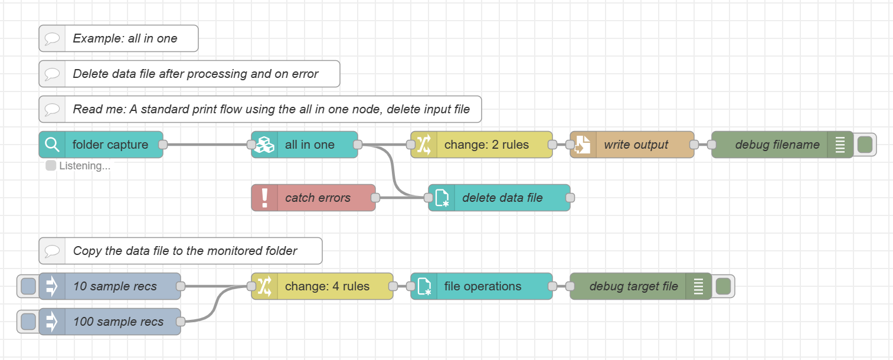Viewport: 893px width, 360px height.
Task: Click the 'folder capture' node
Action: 110,145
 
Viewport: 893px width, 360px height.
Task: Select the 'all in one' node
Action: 309,145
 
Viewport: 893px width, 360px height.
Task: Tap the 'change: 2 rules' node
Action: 486,145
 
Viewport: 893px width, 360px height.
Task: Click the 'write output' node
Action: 636,145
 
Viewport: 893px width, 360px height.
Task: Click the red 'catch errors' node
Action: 318,198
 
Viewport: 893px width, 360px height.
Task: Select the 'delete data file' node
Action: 502,198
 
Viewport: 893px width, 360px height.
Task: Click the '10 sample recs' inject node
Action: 115,286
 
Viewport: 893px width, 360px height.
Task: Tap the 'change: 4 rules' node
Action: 327,286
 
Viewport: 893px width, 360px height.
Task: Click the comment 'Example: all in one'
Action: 125,38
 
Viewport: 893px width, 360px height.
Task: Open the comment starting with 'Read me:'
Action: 271,109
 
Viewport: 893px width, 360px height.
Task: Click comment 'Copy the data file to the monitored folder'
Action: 185,251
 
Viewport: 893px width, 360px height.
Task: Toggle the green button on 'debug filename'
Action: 865,145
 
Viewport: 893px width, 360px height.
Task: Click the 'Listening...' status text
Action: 84,166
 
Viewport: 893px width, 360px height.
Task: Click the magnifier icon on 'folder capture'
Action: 52,145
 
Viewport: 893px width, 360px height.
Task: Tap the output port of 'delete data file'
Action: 570,198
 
